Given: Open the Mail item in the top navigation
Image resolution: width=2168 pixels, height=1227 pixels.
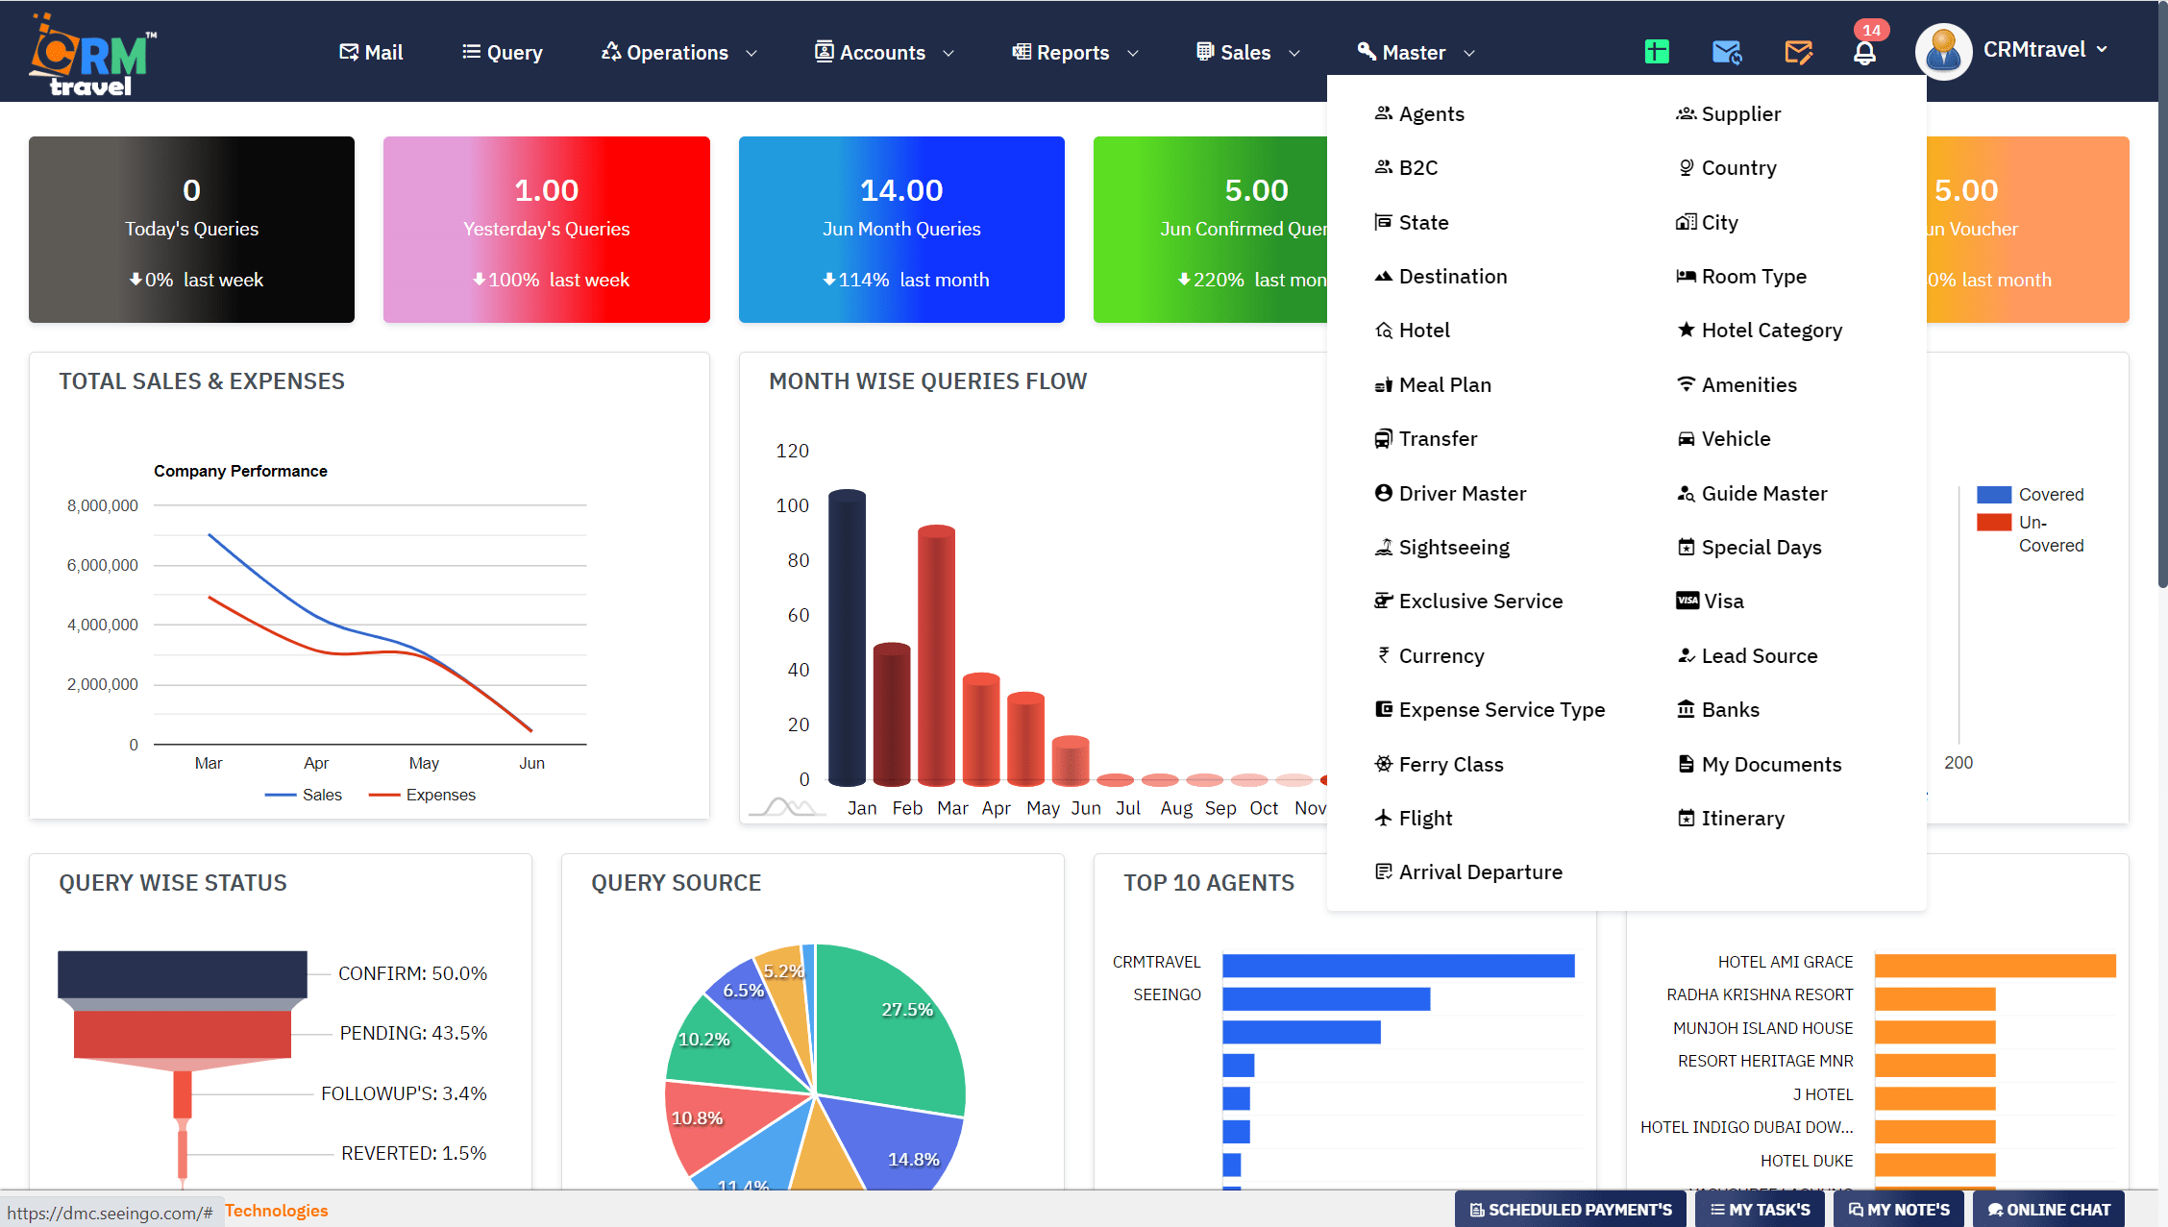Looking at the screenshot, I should (x=371, y=52).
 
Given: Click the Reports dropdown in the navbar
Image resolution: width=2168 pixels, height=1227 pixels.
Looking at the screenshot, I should (x=1073, y=52).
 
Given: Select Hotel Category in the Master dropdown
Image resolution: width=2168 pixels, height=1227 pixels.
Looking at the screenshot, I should (x=1770, y=331).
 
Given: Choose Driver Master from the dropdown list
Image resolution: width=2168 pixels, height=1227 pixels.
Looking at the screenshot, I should (x=1461, y=493).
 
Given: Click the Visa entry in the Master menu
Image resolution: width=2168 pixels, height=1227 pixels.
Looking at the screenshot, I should (x=1722, y=601).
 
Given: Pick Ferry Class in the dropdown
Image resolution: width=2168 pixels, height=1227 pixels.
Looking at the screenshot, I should (x=1450, y=764).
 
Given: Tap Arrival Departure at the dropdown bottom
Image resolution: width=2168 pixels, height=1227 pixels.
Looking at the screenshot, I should (x=1479, y=872).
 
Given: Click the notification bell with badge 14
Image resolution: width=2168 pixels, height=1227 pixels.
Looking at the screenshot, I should (x=1864, y=52).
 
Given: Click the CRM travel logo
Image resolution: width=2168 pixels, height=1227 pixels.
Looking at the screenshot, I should (x=91, y=55).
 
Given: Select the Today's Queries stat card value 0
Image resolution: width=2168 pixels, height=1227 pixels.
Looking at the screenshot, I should (x=191, y=190).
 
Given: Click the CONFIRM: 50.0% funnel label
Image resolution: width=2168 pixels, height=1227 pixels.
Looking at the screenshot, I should (x=412, y=973).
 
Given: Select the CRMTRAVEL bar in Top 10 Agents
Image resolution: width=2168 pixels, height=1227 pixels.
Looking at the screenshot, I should (x=1397, y=965).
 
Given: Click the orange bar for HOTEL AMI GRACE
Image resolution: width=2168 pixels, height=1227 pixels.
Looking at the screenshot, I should (x=1994, y=965).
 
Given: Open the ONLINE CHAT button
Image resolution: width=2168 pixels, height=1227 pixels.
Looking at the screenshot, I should (x=2048, y=1210).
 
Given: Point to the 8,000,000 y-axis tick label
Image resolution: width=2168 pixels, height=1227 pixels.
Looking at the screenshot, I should (x=102, y=505).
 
